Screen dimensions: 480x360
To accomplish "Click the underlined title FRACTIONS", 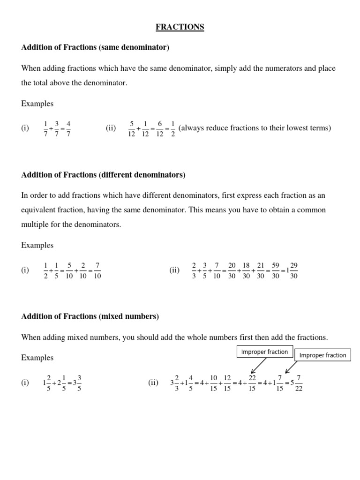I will [180, 27].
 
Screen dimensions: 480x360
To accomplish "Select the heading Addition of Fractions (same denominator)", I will [95, 47].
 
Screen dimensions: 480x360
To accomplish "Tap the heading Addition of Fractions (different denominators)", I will [103, 175].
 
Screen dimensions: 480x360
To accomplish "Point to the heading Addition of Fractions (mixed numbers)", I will [90, 316].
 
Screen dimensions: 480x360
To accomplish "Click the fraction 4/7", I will [68, 128].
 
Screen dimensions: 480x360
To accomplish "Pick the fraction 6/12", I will [159, 128].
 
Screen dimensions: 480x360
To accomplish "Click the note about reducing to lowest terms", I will [255, 128].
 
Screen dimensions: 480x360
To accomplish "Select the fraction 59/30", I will [276, 270].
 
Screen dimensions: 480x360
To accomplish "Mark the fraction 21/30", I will [261, 270].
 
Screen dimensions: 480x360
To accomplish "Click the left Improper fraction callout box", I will [264, 352].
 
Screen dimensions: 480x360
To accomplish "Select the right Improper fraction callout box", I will [322, 355].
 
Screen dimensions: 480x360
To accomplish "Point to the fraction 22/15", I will [252, 382].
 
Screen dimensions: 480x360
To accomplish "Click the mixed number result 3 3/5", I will [76, 382].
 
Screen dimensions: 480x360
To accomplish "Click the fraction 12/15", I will [227, 382].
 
